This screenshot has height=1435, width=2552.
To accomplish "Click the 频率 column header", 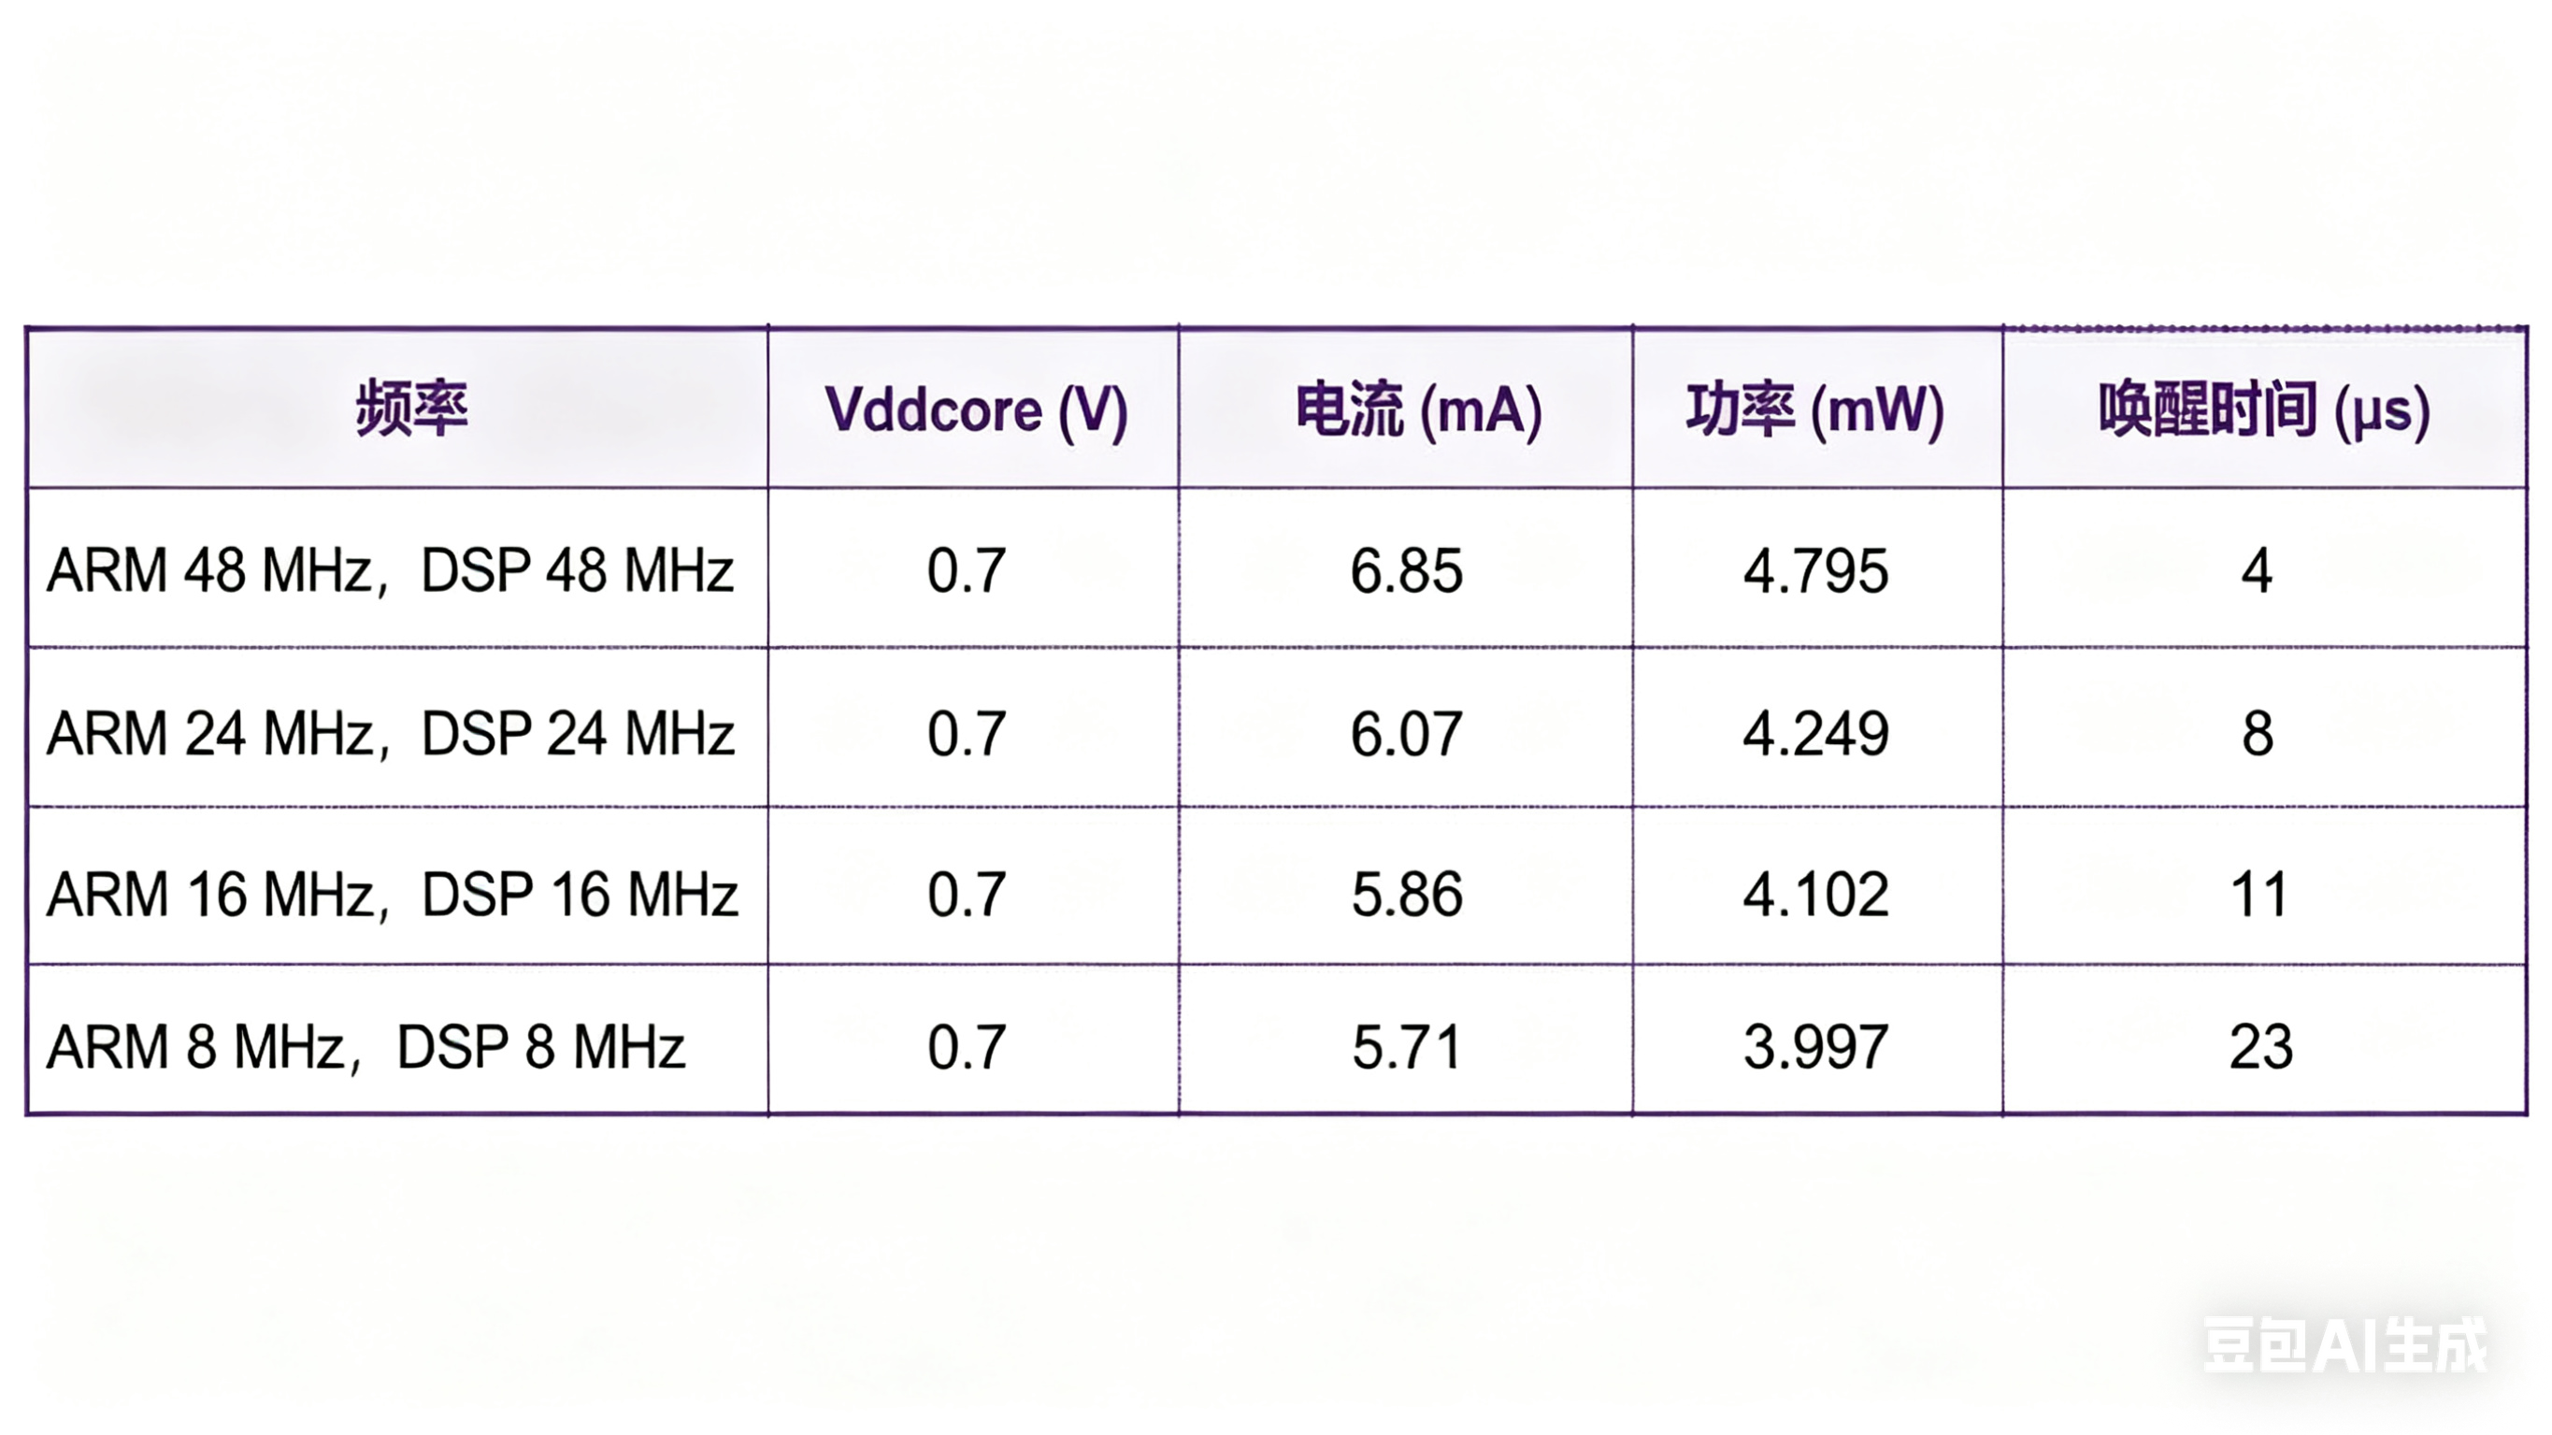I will (411, 409).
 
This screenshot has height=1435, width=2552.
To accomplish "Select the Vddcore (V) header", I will (976, 410).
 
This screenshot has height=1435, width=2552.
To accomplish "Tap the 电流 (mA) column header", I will (1419, 410).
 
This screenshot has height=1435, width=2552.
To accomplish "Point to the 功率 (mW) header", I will (1815, 410).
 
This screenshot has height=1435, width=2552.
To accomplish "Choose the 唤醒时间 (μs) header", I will (2264, 410).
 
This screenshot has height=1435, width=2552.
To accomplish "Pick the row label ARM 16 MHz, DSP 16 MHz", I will (393, 895).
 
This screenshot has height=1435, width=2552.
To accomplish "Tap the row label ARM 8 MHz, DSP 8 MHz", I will (366, 1048).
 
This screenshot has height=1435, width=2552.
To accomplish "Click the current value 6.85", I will (1406, 572).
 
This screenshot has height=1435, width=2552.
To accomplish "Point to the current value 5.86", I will (1407, 895).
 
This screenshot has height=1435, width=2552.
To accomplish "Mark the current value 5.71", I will (1407, 1048).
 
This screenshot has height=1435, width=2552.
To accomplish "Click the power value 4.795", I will (1815, 572).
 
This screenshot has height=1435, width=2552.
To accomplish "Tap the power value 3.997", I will (1815, 1048).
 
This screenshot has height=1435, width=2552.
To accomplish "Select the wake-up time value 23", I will (2259, 1048).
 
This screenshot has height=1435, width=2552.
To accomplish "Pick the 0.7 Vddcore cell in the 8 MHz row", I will (966, 1048).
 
